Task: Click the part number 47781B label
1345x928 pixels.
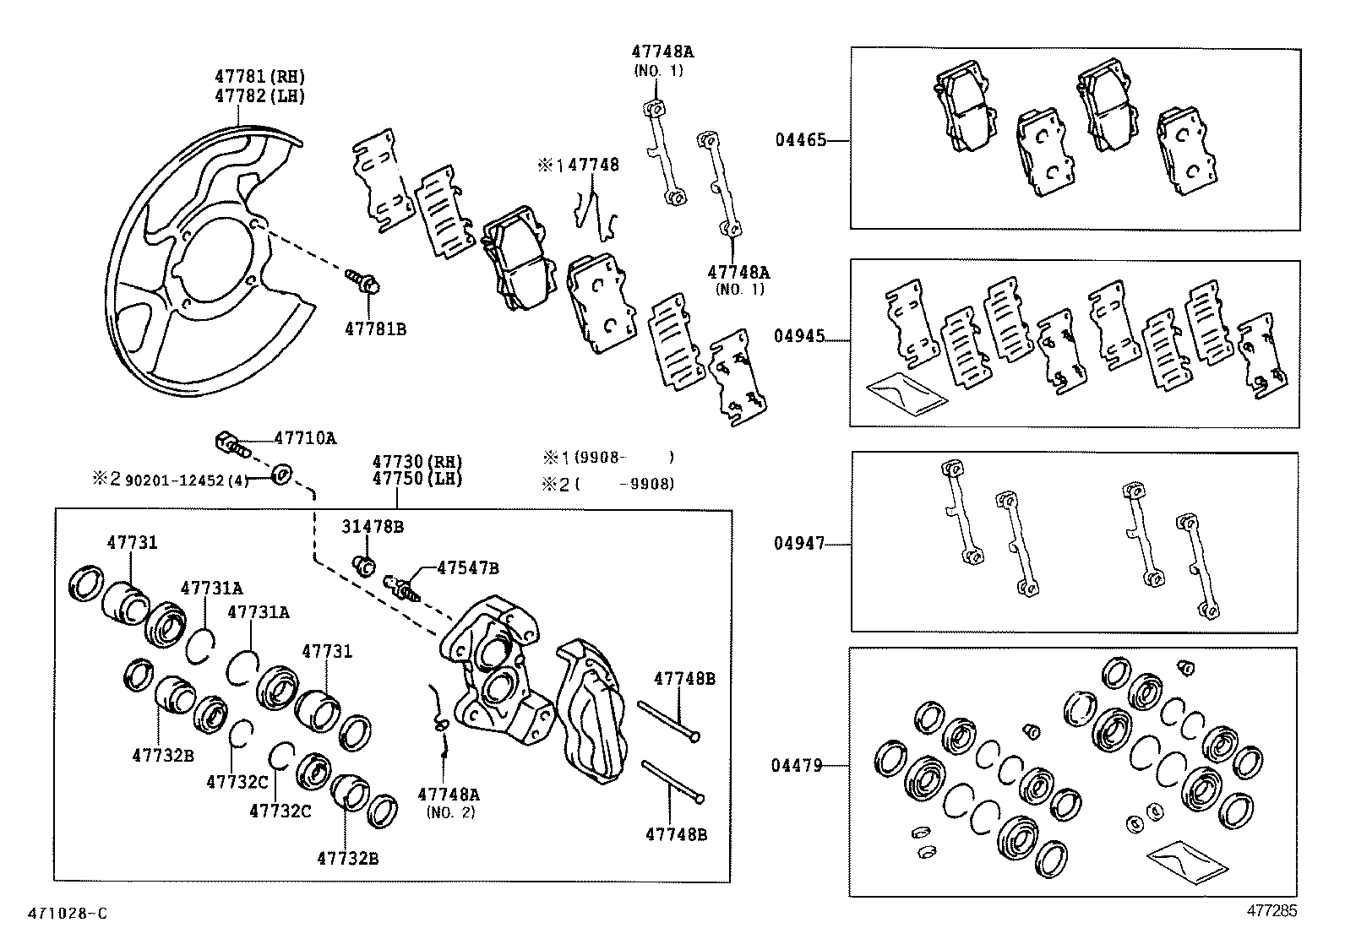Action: point(374,328)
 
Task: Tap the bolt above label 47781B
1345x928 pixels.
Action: point(363,280)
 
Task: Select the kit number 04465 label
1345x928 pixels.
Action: point(800,141)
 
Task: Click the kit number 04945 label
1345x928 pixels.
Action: point(798,336)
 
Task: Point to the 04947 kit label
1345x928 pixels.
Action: point(798,544)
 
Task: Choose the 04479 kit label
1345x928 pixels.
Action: point(796,766)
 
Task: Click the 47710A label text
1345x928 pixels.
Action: point(305,438)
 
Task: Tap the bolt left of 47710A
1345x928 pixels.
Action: point(231,442)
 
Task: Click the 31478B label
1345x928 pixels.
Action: point(372,527)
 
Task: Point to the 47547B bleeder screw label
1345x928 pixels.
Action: point(467,568)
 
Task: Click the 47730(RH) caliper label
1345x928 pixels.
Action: point(418,462)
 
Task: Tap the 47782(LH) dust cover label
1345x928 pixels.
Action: point(259,95)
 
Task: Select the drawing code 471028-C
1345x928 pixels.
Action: point(68,913)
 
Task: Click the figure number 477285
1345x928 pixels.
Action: point(1271,910)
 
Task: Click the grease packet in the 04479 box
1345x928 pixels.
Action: point(1185,864)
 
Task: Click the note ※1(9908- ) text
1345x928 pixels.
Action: point(608,458)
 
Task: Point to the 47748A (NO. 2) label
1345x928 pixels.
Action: point(448,802)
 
